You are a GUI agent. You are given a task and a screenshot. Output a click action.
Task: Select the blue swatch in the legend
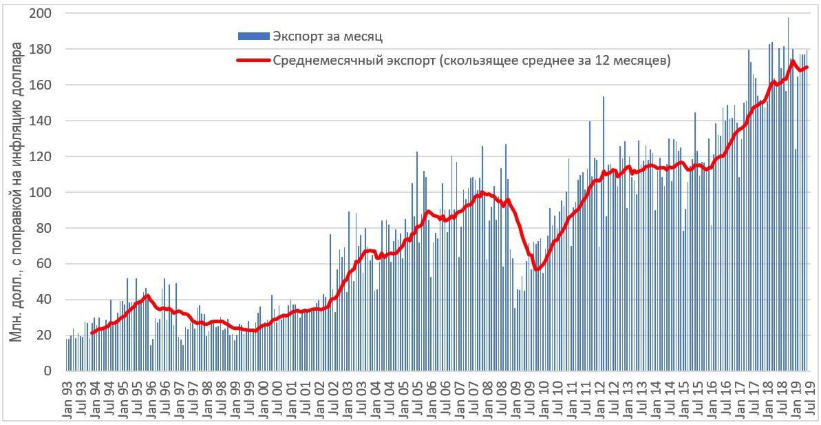click(253, 36)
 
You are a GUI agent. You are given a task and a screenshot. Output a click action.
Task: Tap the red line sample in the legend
click(253, 61)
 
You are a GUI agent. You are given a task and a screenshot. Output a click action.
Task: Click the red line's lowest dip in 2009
click(536, 269)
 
